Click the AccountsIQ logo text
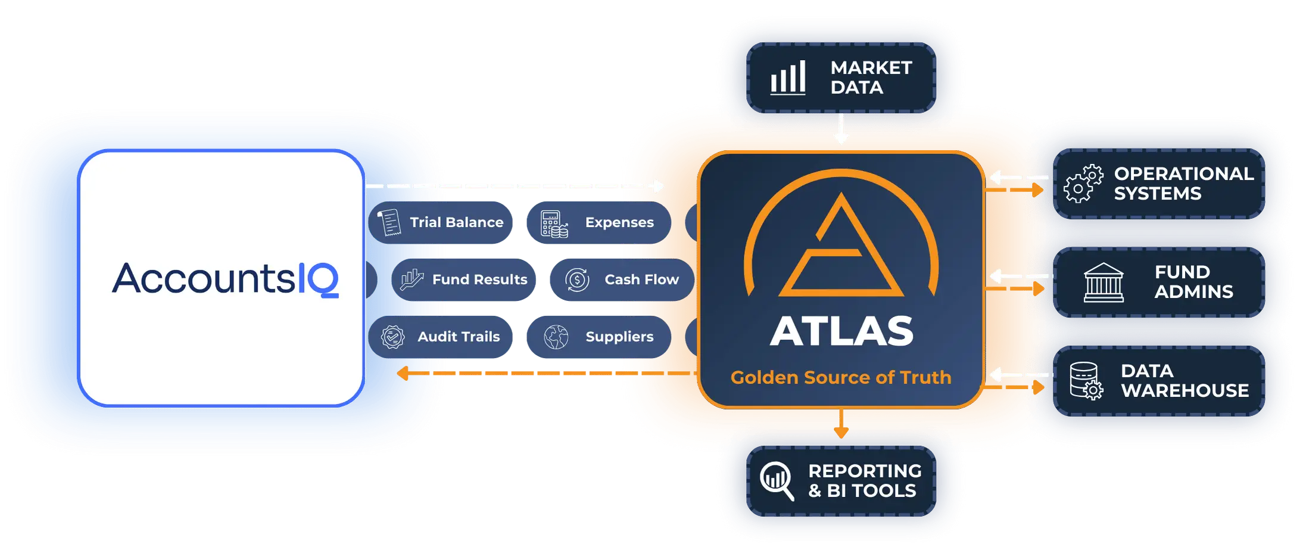pos(225,278)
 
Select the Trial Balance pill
pos(440,222)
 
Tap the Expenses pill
pos(598,222)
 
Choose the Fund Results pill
pos(463,279)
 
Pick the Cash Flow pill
pos(622,279)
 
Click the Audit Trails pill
pos(440,337)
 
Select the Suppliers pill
pos(598,337)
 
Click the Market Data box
pos(841,77)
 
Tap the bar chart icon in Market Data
pos(788,77)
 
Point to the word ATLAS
pos(841,331)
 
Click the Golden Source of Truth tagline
pos(841,377)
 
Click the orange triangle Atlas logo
pos(841,244)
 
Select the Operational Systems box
pos(1159,184)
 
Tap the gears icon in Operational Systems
pos(1083,184)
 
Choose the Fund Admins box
pos(1159,282)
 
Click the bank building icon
pos(1104,282)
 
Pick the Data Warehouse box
pos(1159,381)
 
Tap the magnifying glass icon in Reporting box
pos(777,481)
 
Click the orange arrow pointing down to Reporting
pos(841,424)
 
